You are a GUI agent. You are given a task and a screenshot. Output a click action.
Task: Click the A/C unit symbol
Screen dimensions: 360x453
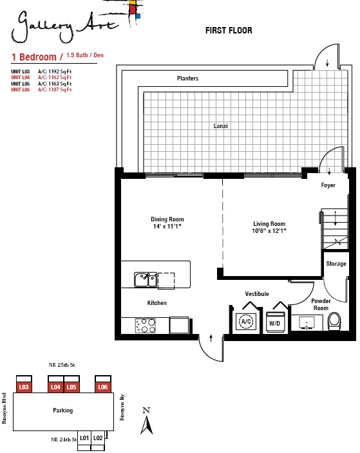click(x=246, y=321)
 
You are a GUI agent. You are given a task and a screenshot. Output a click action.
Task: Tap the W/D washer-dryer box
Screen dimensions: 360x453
click(x=275, y=322)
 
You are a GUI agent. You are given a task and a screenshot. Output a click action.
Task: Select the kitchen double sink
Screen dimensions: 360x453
click(x=146, y=280)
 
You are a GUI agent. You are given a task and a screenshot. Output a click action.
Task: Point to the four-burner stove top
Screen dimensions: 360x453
click(x=146, y=326)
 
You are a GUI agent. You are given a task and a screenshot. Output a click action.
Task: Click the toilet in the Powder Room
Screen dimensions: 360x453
click(x=334, y=321)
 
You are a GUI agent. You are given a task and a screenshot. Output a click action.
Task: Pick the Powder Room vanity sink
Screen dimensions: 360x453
click(x=307, y=323)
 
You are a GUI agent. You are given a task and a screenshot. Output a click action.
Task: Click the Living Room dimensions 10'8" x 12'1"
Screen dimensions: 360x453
click(x=269, y=230)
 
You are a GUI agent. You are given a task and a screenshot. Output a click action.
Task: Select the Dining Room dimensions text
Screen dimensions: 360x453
click(x=167, y=226)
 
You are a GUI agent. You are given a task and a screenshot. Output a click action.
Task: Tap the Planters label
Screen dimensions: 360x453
click(x=187, y=79)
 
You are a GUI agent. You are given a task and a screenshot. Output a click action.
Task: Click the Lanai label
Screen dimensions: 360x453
click(x=220, y=126)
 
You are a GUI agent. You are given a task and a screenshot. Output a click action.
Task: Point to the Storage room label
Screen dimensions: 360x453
click(x=336, y=264)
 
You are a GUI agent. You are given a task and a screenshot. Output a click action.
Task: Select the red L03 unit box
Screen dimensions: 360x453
click(x=24, y=387)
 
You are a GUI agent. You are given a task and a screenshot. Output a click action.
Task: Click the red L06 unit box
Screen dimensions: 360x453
click(x=103, y=387)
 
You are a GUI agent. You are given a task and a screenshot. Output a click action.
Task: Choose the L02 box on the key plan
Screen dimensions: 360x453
click(x=98, y=438)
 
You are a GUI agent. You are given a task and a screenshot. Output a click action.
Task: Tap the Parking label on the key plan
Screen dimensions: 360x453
click(x=62, y=411)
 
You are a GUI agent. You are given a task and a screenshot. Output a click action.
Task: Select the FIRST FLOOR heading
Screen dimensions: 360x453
click(x=229, y=30)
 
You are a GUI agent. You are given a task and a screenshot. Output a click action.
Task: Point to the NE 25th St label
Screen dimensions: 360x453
click(x=62, y=365)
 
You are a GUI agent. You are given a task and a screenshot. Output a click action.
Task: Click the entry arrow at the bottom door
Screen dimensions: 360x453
click(x=211, y=338)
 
